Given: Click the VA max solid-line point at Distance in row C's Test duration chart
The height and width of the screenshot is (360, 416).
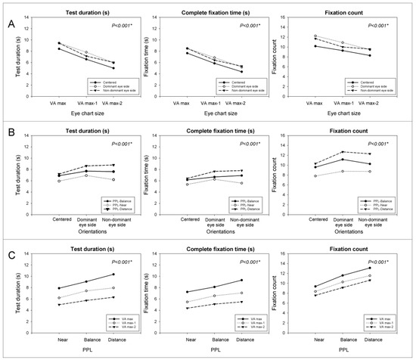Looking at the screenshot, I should pos(112,274).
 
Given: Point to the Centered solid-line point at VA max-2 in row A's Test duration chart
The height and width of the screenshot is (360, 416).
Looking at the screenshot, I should pos(112,68).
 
